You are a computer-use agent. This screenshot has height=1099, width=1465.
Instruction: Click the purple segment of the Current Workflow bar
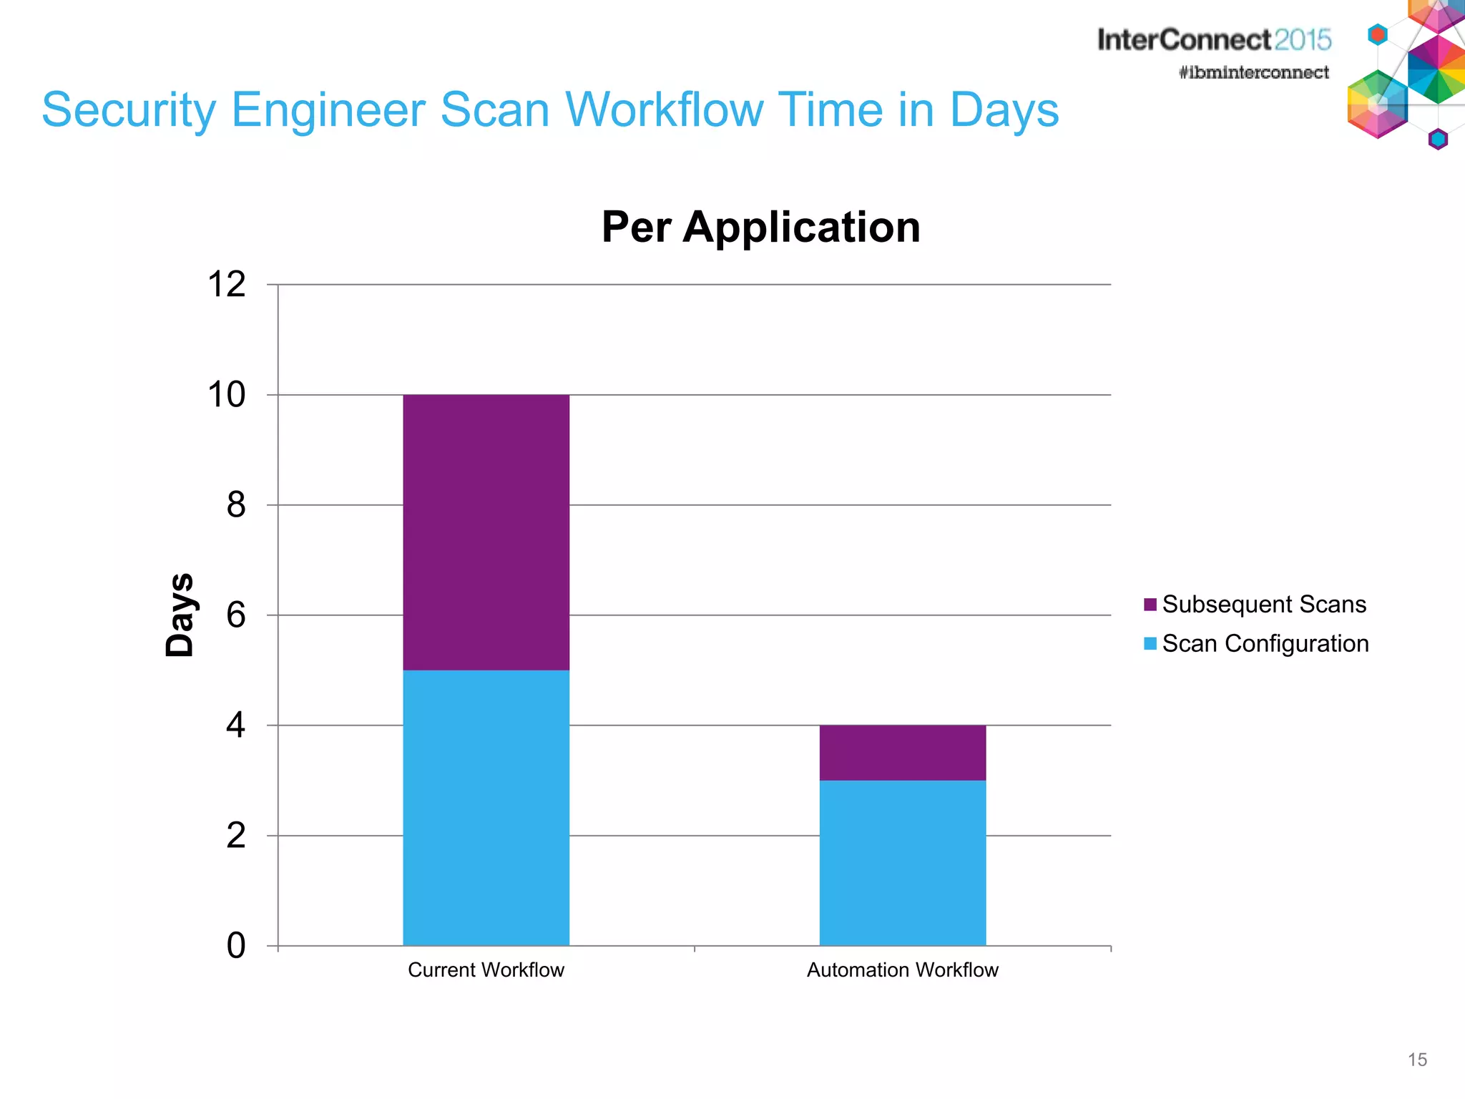[x=486, y=532]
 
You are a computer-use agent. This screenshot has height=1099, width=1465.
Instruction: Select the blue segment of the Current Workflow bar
[x=486, y=807]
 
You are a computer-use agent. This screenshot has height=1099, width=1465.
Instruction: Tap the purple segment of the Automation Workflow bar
[x=902, y=752]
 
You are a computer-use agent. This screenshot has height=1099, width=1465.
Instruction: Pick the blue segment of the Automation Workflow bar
[x=902, y=862]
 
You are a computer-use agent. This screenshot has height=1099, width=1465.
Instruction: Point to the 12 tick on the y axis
[x=226, y=285]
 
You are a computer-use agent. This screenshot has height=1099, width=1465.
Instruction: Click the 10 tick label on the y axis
[x=226, y=395]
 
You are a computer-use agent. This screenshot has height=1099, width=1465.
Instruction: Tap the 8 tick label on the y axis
[x=235, y=505]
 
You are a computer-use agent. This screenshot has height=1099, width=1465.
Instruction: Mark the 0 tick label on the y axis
[x=235, y=946]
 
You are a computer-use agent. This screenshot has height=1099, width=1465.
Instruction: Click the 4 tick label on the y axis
[x=235, y=726]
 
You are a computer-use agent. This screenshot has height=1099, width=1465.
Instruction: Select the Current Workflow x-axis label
[x=486, y=970]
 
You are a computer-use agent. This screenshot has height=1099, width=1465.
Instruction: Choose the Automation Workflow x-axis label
[x=902, y=970]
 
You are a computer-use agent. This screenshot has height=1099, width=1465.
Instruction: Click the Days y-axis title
[x=180, y=615]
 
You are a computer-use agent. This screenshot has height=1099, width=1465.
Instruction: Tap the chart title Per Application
[x=760, y=227]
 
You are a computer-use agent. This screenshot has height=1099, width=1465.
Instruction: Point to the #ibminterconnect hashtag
[x=1253, y=72]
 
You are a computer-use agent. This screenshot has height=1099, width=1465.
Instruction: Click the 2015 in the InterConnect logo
[x=1302, y=39]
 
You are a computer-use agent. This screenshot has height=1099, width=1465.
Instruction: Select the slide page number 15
[x=1417, y=1060]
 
